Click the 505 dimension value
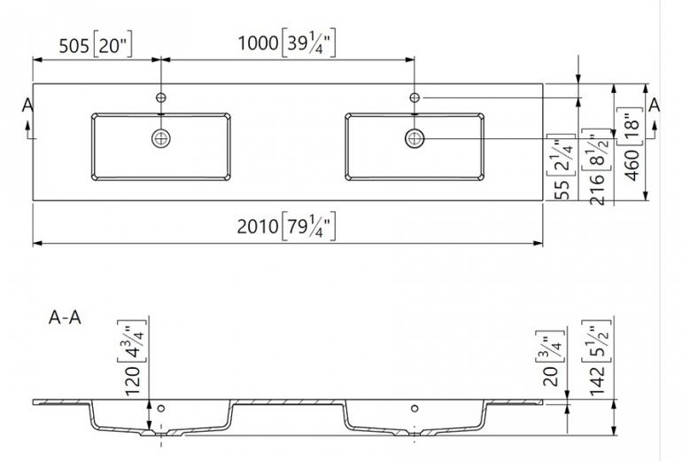(74, 46)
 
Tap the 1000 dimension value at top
(259, 43)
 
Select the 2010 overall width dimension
(258, 226)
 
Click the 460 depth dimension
(633, 165)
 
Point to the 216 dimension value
(597, 189)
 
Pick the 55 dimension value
(562, 190)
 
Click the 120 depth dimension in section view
(132, 380)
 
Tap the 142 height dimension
(597, 380)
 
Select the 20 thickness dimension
(551, 377)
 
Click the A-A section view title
(65, 317)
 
